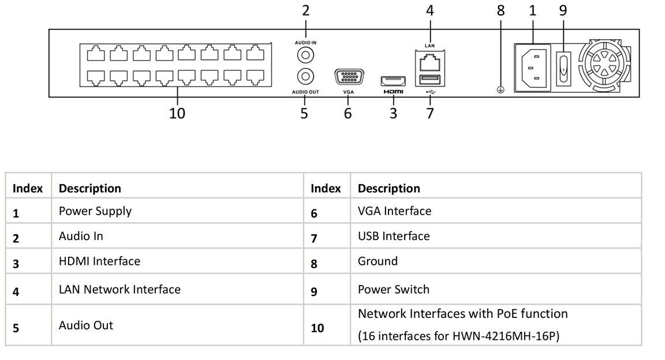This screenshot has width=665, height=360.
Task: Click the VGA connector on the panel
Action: click(x=349, y=77)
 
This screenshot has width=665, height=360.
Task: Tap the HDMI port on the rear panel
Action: click(x=393, y=81)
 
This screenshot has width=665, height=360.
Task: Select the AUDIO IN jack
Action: click(x=305, y=55)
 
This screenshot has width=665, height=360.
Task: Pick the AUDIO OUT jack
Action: click(x=305, y=77)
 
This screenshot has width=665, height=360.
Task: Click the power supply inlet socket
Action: click(x=533, y=68)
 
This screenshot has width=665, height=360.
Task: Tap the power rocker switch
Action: click(x=563, y=68)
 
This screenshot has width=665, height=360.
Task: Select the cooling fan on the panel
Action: click(x=604, y=65)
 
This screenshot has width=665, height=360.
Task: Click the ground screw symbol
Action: click(x=500, y=90)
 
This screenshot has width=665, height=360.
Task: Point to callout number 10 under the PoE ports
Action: click(x=177, y=113)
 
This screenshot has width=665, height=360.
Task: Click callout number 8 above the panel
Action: click(x=501, y=10)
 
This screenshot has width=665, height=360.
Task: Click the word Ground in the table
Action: click(x=378, y=261)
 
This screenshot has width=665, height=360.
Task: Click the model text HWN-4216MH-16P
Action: click(x=506, y=336)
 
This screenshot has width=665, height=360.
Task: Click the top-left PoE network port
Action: click(x=95, y=54)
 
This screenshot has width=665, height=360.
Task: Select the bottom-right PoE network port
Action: click(x=255, y=77)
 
